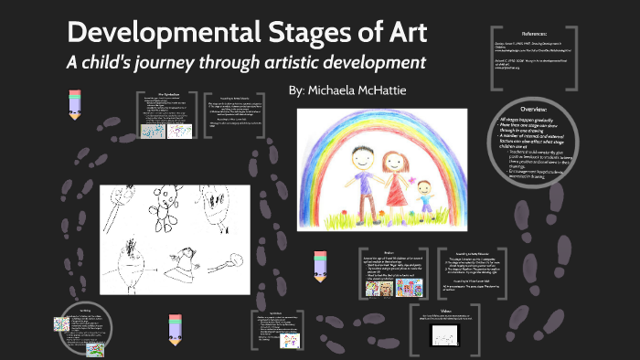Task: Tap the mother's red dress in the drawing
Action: click(395, 192)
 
